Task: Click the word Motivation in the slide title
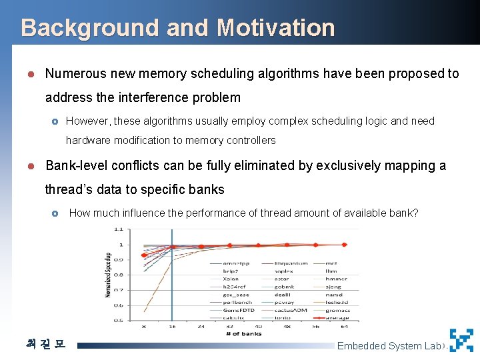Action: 275,28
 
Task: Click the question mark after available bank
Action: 415,213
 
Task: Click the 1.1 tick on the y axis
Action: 118,229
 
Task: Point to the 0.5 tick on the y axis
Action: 118,321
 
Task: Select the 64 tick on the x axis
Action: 345,327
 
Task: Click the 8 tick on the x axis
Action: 144,327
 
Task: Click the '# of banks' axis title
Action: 244,333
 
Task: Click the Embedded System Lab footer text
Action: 389,345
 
